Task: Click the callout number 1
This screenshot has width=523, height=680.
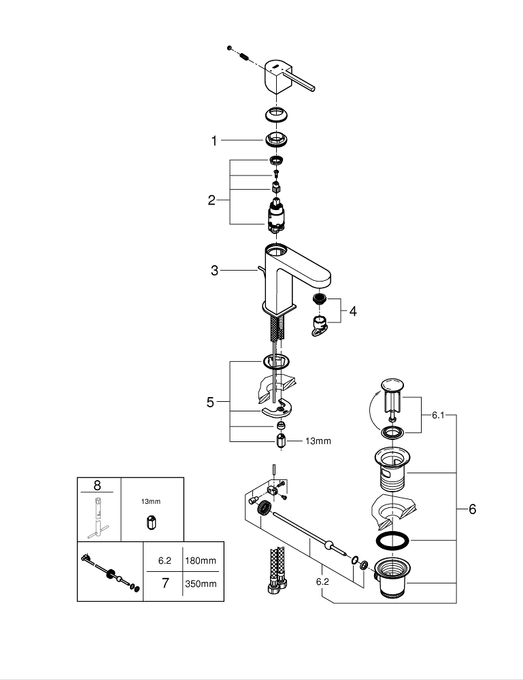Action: click(x=214, y=141)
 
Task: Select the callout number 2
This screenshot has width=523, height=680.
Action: click(x=212, y=200)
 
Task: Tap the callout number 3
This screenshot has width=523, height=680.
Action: click(x=214, y=271)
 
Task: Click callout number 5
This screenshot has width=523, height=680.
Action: click(x=211, y=402)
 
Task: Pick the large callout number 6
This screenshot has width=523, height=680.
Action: click(x=472, y=509)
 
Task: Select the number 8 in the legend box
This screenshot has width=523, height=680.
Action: click(x=97, y=486)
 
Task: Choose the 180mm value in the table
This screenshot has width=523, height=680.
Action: click(x=201, y=561)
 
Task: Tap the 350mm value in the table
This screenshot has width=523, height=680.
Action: click(x=201, y=583)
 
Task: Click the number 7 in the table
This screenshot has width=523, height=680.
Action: click(x=165, y=583)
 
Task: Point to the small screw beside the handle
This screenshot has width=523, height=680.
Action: click(x=231, y=48)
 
